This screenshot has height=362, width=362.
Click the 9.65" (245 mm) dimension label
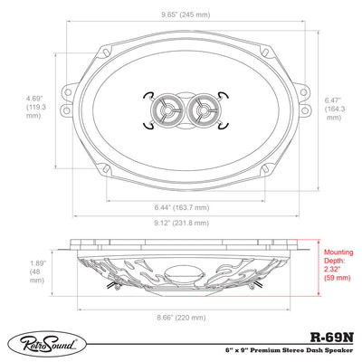pos(185,14)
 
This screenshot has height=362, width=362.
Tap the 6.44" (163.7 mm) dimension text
pos(182,207)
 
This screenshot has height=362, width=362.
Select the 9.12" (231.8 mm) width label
pos(182,223)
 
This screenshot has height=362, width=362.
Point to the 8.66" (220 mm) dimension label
pos(181,318)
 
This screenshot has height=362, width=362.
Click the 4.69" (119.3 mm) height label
pos(36,107)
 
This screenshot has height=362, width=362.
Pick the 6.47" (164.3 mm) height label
pos(335,109)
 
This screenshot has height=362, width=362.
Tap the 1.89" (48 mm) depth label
pos(37,271)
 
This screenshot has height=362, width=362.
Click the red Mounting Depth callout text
pos(338,265)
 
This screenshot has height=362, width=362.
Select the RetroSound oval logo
pos(47,344)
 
